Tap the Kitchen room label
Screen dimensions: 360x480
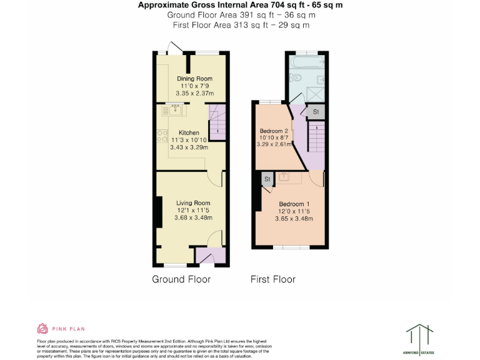(x=189, y=132)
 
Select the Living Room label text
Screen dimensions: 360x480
(x=192, y=203)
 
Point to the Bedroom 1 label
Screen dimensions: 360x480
(x=294, y=204)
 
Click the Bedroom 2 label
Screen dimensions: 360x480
(x=273, y=131)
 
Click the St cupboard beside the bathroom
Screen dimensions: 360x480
(x=316, y=111)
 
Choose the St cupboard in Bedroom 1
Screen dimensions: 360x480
(x=267, y=179)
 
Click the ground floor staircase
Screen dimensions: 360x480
(x=216, y=121)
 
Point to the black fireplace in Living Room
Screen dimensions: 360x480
(x=159, y=212)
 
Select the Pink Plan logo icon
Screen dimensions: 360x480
(x=42, y=328)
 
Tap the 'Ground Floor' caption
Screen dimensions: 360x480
(x=181, y=279)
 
